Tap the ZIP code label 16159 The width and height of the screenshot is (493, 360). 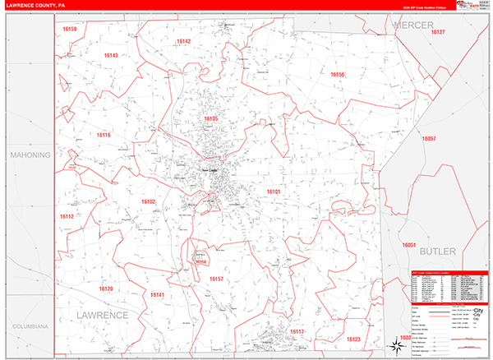(70, 29)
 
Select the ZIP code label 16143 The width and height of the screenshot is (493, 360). (111, 55)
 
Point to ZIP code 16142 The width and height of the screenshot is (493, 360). (183, 41)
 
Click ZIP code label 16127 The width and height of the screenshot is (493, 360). (437, 32)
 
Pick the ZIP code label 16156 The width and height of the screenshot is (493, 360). (338, 75)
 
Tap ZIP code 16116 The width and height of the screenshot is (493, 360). (104, 135)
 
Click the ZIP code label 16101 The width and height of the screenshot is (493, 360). (274, 192)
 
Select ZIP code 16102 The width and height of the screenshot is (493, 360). (148, 201)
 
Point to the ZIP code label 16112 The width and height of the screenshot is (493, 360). (67, 216)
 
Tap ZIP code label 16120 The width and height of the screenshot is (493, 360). (106, 288)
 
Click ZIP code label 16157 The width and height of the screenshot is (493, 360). (216, 279)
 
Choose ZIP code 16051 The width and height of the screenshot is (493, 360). (410, 246)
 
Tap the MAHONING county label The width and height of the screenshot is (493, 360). (30, 155)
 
